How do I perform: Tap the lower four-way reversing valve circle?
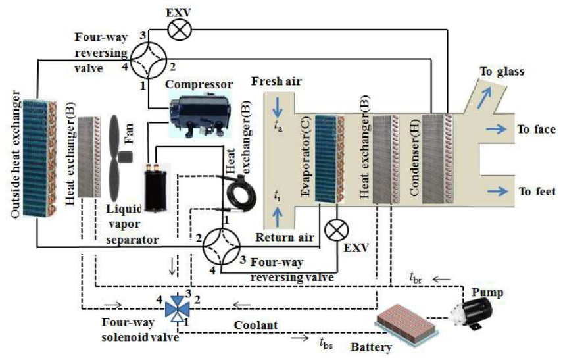221,247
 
